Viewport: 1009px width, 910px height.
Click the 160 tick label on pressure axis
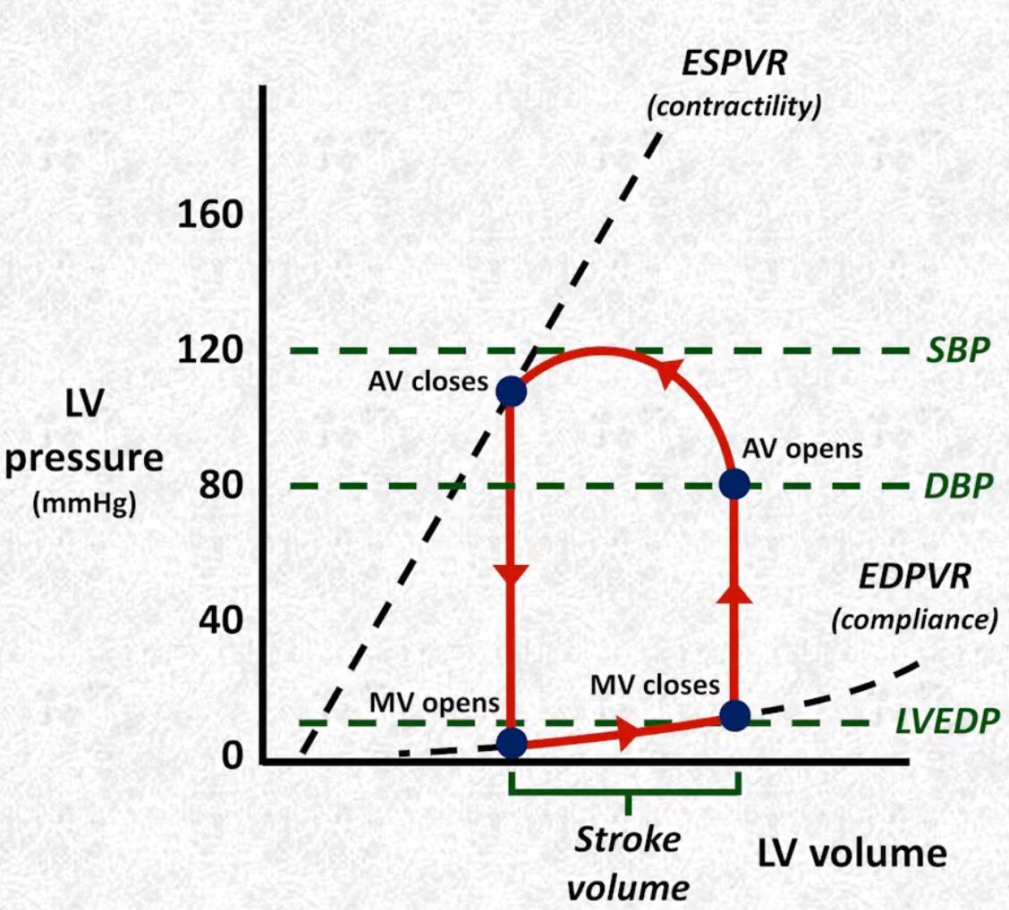pyautogui.click(x=210, y=215)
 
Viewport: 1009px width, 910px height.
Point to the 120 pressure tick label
pyautogui.click(x=210, y=350)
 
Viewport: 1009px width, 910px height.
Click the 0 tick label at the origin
pyautogui.click(x=233, y=756)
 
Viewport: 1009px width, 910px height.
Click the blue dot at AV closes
pyautogui.click(x=511, y=392)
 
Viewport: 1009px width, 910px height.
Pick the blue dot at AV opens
pyautogui.click(x=734, y=484)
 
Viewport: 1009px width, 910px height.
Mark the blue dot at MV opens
pyautogui.click(x=512, y=744)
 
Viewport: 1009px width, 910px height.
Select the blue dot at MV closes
pyautogui.click(x=735, y=716)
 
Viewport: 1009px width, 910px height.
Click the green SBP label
pyautogui.click(x=957, y=350)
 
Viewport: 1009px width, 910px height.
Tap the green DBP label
pyautogui.click(x=958, y=486)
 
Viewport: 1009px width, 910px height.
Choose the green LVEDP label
pyautogui.click(x=948, y=721)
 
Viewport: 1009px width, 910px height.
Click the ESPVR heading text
pyautogui.click(x=734, y=63)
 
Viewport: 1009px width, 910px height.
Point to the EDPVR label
pyautogui.click(x=914, y=577)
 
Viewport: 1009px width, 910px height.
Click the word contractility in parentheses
pyautogui.click(x=734, y=106)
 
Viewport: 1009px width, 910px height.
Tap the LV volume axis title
pyautogui.click(x=852, y=854)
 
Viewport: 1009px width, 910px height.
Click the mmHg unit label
pyautogui.click(x=84, y=503)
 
